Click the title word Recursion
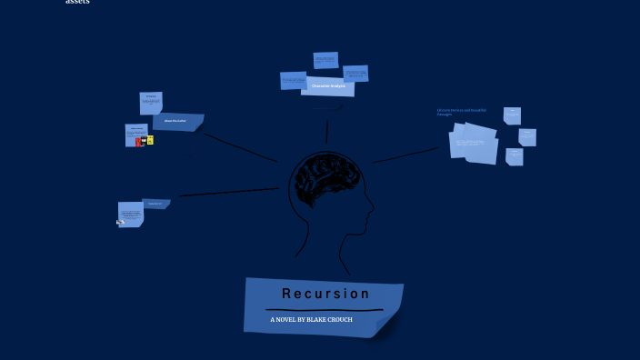coord(325,294)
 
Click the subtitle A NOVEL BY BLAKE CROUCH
coord(311,320)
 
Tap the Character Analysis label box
coord(327,86)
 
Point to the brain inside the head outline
coord(328,180)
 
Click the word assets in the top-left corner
coord(77,3)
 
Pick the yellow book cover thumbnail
coord(150,140)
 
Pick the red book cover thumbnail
coord(139,141)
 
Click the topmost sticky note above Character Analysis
coord(325,60)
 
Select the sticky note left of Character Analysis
coord(293,80)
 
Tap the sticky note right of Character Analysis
coord(355,73)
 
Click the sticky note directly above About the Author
coord(151,101)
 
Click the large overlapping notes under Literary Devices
coord(475,144)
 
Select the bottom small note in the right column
coord(515,156)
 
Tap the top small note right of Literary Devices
coord(512,115)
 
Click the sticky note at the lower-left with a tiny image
coord(130,215)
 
